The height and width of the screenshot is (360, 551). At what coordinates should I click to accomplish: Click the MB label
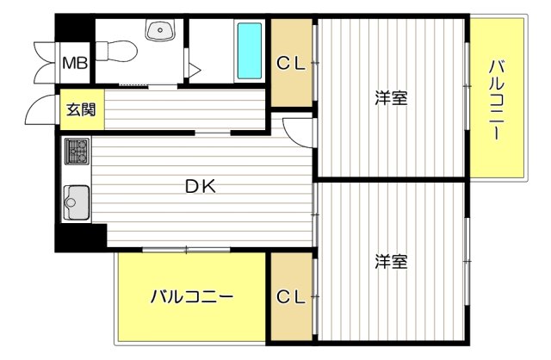coord(73,63)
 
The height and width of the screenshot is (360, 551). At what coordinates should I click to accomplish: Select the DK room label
coord(199,184)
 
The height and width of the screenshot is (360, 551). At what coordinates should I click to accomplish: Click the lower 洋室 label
coord(390,259)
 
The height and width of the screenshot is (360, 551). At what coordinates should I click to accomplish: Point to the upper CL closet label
coord(291,62)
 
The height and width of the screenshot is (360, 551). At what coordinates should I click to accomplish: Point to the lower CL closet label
coord(291,297)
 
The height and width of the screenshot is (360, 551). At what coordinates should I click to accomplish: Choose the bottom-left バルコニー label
coord(191,297)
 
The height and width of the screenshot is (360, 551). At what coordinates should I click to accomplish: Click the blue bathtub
coord(249,50)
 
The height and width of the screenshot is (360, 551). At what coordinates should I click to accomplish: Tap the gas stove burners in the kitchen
coord(75,152)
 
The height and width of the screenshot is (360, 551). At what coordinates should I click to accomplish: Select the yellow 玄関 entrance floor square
coord(82,109)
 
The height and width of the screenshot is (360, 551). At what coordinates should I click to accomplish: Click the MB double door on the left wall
coord(42,62)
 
